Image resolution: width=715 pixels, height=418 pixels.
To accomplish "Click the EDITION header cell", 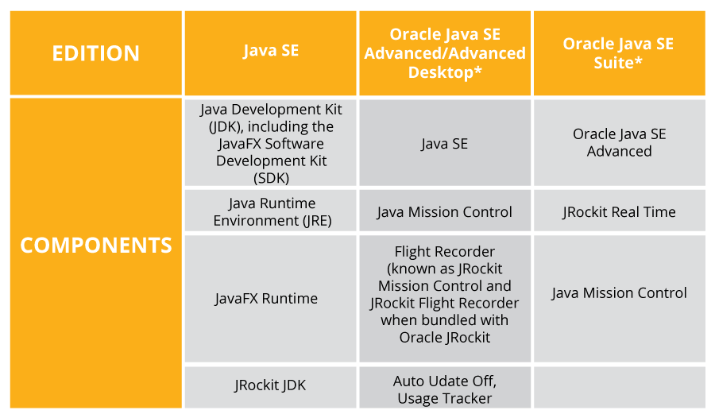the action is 95,53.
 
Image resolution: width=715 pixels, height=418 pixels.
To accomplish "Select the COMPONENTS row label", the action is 95,246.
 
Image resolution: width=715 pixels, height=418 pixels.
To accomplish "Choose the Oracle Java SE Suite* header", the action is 618,52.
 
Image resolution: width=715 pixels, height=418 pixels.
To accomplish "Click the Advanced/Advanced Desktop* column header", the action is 445,53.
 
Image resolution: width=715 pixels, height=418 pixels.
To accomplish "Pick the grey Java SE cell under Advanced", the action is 445,144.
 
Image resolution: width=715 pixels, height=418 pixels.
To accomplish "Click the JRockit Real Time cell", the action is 619,212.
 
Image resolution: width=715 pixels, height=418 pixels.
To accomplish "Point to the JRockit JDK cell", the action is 270,385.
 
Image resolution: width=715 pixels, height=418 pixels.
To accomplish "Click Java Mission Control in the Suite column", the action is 619,293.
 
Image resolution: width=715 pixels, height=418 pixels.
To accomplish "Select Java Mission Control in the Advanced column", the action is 445,212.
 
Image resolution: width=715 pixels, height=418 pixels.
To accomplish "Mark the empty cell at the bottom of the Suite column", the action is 619,387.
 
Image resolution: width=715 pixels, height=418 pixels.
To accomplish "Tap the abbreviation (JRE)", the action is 312,220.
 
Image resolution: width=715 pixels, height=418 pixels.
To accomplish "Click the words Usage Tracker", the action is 445,398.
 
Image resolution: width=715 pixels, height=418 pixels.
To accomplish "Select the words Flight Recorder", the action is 445,252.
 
